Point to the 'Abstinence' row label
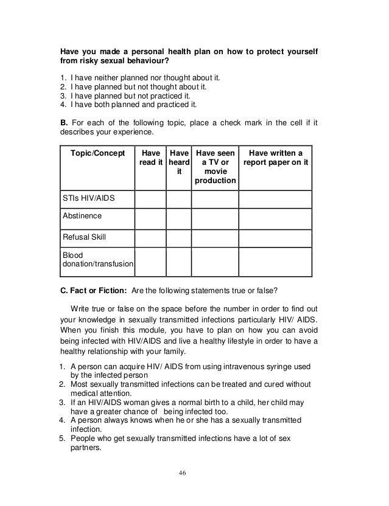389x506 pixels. click(x=82, y=216)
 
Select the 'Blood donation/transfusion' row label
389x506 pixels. click(x=97, y=260)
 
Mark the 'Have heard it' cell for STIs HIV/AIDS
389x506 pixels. click(x=179, y=199)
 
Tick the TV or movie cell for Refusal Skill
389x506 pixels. click(x=214, y=237)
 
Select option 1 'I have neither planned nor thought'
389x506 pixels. click(x=143, y=78)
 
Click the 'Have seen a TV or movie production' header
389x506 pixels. click(x=214, y=167)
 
